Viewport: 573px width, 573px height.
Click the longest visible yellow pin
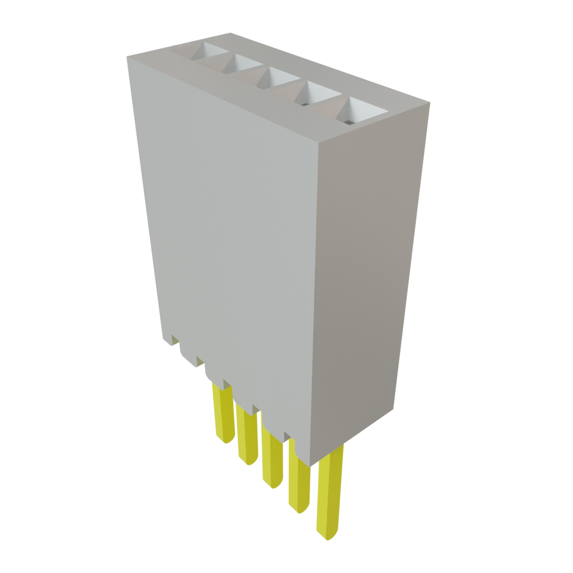click(329, 492)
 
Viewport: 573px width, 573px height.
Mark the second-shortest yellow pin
click(246, 434)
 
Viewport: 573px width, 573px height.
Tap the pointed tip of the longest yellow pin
click(327, 537)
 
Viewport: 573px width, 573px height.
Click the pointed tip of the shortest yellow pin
click(226, 441)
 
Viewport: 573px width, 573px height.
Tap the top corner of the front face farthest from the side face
click(126, 56)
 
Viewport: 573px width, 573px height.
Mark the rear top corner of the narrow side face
click(430, 102)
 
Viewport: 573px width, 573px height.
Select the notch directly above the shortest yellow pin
click(227, 384)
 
